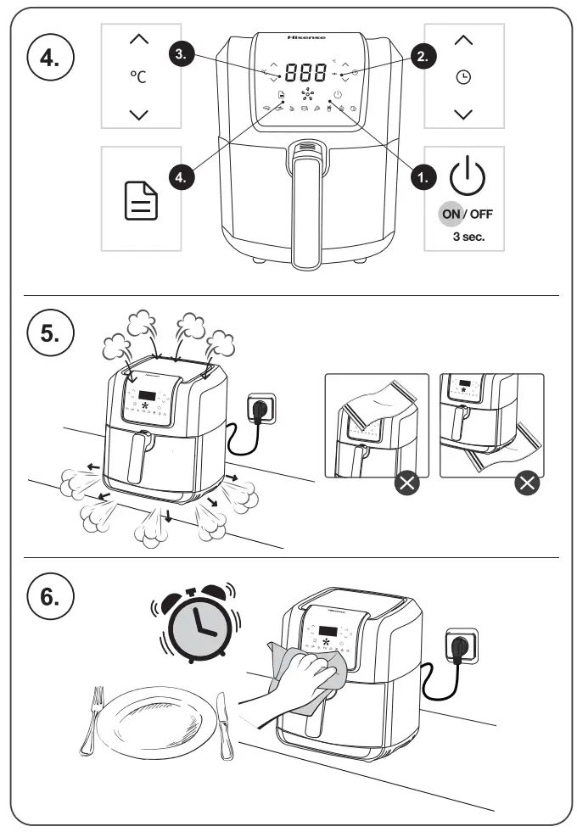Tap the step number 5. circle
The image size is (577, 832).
point(51,333)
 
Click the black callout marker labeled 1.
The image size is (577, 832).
point(423,176)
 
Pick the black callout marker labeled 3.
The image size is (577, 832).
point(180,54)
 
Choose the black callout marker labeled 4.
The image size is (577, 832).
point(180,176)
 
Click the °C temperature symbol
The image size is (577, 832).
point(138,77)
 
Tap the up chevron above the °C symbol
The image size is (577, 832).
point(139,39)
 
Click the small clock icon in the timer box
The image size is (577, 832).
point(463,77)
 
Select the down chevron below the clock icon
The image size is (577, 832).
point(463,114)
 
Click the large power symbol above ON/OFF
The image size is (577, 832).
point(467,176)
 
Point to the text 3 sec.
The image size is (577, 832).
point(468,236)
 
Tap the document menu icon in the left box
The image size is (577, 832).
point(141,201)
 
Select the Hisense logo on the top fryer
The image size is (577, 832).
point(305,38)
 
